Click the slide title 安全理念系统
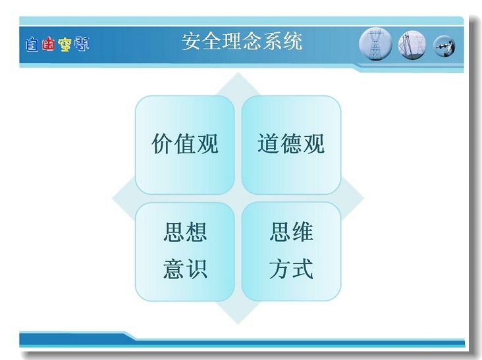(242, 41)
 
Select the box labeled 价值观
(185, 145)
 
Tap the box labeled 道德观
(291, 145)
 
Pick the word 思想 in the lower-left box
(185, 232)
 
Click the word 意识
(185, 269)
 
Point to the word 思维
(292, 232)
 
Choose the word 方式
(292, 269)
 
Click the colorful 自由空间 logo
(57, 44)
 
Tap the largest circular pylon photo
(375, 44)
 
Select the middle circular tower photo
(412, 45)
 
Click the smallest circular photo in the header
(444, 46)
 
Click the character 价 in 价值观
(162, 143)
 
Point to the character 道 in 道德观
(269, 143)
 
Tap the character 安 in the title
(192, 41)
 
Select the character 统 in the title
(292, 41)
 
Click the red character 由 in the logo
(48, 44)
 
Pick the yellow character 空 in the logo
(65, 45)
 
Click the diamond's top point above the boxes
(238, 73)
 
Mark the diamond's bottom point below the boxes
(238, 324)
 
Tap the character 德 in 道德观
(291, 143)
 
